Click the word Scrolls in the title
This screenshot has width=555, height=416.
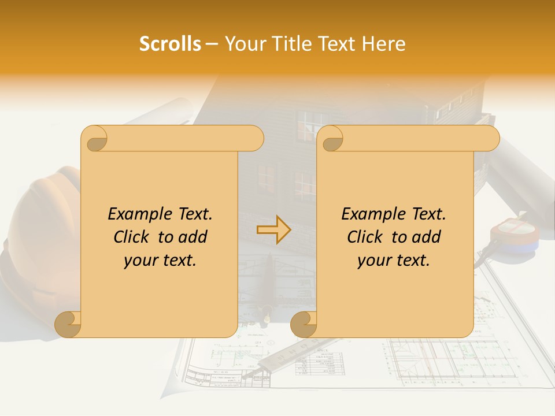point(170,44)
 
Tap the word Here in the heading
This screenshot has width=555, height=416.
point(383,44)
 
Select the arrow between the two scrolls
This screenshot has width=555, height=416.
point(273,230)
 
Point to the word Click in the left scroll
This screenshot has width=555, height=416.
point(131,237)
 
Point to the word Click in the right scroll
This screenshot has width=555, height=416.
point(365,237)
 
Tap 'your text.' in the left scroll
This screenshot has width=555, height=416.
point(160,261)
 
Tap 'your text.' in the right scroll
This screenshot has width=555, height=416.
point(394,261)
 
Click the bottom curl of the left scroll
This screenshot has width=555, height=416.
point(68,324)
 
